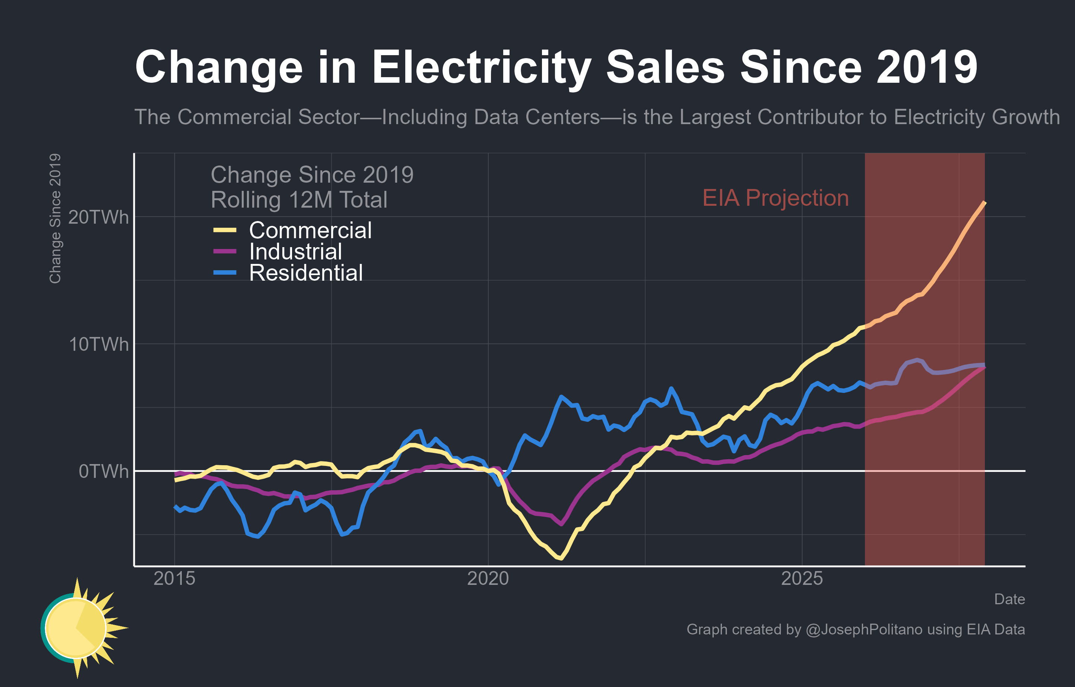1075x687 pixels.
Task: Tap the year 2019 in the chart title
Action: coord(927,67)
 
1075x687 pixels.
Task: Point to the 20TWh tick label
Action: coord(98,218)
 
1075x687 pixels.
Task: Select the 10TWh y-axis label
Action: coord(98,344)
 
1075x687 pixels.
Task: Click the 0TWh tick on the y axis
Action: coord(104,471)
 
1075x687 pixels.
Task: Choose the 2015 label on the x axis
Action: coord(175,579)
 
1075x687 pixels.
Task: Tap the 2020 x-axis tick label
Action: coord(488,579)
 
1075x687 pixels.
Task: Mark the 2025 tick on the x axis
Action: coord(802,579)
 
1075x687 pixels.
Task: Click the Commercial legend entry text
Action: coord(310,230)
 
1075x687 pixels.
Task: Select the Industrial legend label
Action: coord(295,252)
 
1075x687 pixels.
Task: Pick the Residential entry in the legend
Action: coord(306,272)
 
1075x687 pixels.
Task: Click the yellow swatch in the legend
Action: coord(225,230)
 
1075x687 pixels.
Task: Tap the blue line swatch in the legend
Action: coord(225,272)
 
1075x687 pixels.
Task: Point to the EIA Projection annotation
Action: coord(776,198)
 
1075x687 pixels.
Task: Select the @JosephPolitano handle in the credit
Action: coord(864,629)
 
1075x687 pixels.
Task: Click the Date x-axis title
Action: coord(1009,599)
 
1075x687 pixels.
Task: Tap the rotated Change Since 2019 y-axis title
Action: coord(55,218)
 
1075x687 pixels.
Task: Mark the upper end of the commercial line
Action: coord(985,202)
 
